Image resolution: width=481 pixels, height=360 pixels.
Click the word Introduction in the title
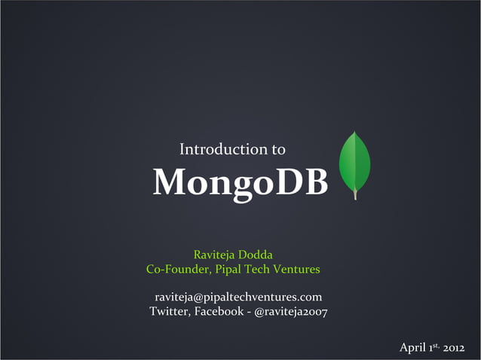[x=224, y=149]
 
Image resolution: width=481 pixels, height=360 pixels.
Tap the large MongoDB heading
[x=240, y=182]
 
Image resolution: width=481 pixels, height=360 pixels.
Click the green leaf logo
[x=355, y=162]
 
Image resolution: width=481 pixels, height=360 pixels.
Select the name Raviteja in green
[x=216, y=255]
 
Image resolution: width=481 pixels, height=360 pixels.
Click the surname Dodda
[x=261, y=255]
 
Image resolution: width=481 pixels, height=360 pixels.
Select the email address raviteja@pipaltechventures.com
[x=238, y=297]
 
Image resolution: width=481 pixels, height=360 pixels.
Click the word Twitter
[x=168, y=311]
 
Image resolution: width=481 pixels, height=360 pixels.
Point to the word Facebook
[x=218, y=311]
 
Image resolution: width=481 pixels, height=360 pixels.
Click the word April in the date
[x=412, y=347]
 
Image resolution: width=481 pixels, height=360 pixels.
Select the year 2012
[x=459, y=348]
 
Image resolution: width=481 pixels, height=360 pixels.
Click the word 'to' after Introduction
[x=278, y=149]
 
